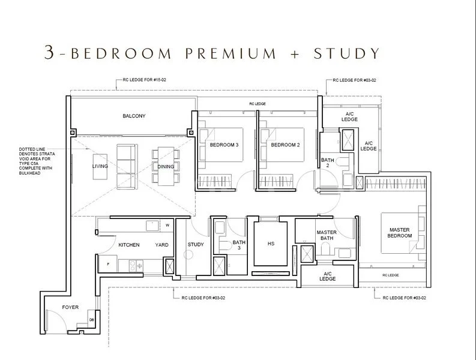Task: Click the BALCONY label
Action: click(x=134, y=116)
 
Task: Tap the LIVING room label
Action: click(x=100, y=166)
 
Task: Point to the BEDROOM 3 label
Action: click(x=224, y=145)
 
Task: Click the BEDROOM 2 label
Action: click(x=285, y=145)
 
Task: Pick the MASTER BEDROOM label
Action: click(x=400, y=233)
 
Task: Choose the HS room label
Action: click(x=270, y=244)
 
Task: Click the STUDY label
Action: click(x=196, y=245)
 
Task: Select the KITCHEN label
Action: click(x=129, y=245)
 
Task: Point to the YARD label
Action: click(x=161, y=245)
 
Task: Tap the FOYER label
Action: click(x=70, y=307)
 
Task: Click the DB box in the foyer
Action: click(x=91, y=319)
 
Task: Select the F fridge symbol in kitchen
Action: click(x=107, y=263)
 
